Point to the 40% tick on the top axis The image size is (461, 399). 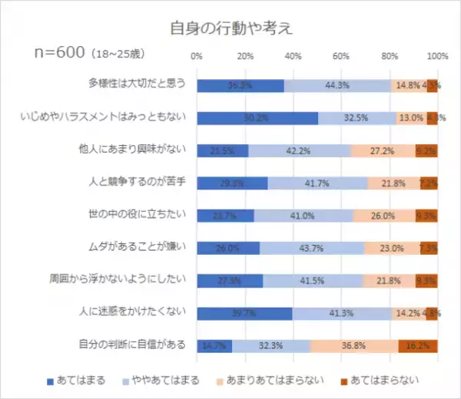[x=294, y=56]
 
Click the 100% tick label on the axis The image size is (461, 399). [x=437, y=56]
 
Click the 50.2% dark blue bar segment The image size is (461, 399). [x=257, y=118]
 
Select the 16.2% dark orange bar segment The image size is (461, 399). [x=417, y=346]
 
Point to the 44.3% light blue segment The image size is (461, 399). [x=337, y=85]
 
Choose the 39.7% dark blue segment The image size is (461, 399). [x=244, y=313]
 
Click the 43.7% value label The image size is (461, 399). [x=311, y=249]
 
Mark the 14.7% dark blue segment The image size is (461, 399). [x=214, y=346]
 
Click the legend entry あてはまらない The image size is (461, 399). [x=381, y=380]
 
